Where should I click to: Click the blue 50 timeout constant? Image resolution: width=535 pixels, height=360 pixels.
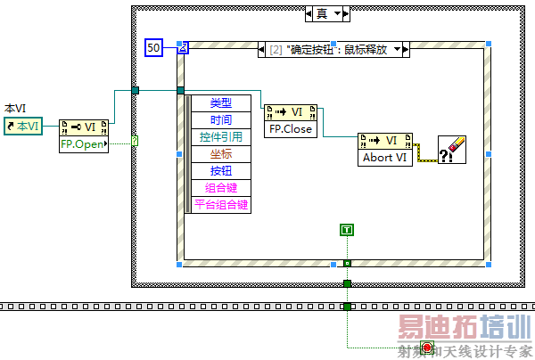(x=153, y=47)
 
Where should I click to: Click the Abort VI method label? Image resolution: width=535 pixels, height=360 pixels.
(x=383, y=157)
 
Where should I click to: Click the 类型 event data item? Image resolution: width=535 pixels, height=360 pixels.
(x=220, y=103)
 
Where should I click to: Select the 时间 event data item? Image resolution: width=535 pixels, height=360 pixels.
(x=220, y=120)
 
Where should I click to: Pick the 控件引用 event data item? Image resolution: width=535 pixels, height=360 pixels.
(x=220, y=137)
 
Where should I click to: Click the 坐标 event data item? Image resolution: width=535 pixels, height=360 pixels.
(x=220, y=154)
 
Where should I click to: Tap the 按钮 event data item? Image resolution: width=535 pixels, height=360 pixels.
(x=220, y=171)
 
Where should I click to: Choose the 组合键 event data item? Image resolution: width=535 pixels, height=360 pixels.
(x=220, y=188)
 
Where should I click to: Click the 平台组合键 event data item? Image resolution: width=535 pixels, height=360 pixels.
(x=220, y=205)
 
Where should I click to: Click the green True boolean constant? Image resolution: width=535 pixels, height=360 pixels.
(x=347, y=231)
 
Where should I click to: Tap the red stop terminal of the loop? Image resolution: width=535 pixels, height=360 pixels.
(x=426, y=347)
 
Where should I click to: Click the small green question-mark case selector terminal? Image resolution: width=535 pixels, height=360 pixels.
(x=135, y=140)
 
